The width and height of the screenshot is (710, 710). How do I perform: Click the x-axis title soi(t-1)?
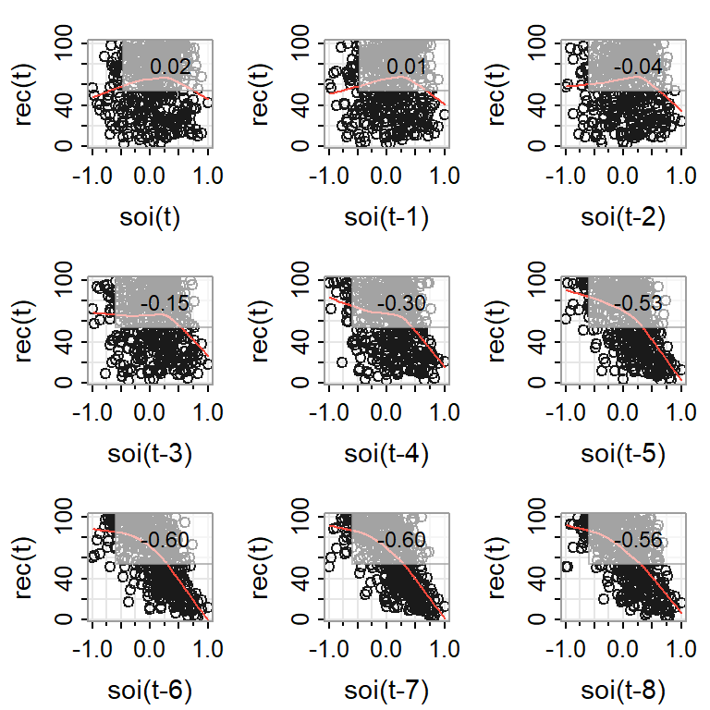point(385,218)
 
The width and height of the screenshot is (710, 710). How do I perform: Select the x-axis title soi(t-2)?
point(622,218)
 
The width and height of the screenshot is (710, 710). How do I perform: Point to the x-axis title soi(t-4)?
point(385,454)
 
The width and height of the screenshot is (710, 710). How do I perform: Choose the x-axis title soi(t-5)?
point(622,454)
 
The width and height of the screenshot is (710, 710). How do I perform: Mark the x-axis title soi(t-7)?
point(385,691)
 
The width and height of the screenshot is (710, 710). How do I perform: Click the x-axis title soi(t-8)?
point(622,691)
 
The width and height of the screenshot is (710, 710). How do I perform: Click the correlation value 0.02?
point(170,67)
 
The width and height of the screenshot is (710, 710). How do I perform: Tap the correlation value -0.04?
point(640,67)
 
